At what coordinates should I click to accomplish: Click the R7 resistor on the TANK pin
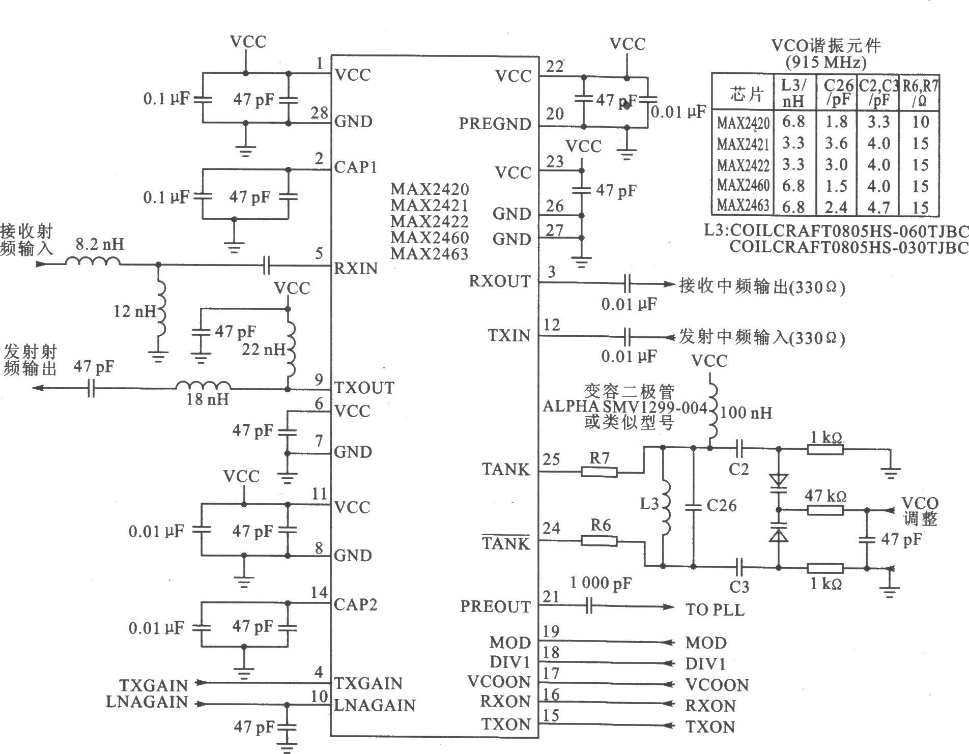pos(599,472)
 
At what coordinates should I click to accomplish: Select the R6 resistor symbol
pos(599,541)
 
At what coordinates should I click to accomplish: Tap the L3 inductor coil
pos(666,506)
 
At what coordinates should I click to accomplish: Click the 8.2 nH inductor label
pos(100,245)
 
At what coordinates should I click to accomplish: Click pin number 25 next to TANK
pos(551,459)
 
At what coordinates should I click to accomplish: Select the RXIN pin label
pos(356,268)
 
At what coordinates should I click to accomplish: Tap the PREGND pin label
pos(495,124)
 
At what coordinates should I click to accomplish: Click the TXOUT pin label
pos(364,388)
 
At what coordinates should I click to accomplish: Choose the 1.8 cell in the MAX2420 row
pos(836,122)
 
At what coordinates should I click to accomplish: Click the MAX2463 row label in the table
pos(743,206)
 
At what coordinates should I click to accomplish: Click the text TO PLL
pos(715,609)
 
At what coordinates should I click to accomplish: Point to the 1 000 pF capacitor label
pos(601,583)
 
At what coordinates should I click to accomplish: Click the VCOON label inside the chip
pos(499,682)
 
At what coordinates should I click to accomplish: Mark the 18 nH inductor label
pos(208,398)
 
